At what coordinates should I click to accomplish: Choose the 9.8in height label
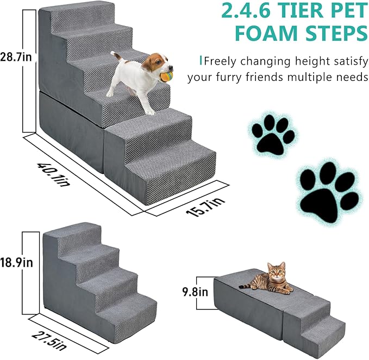tap(195, 292)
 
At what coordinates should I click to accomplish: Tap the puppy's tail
tap(115, 55)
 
